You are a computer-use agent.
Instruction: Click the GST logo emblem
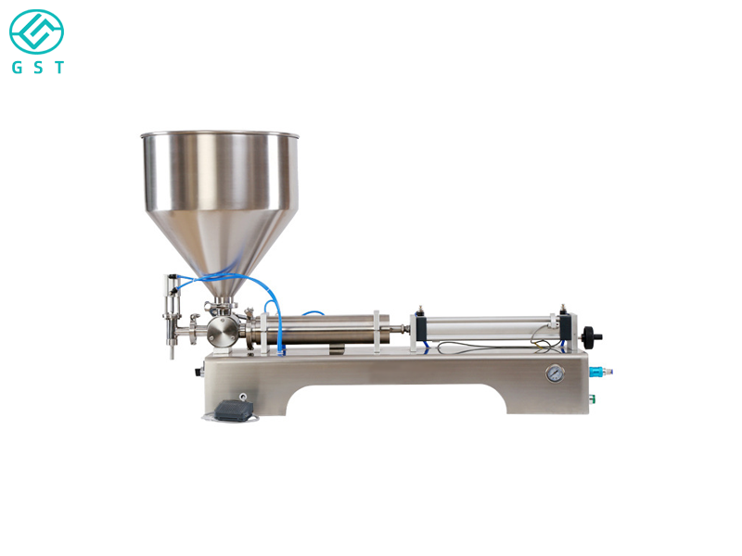37,32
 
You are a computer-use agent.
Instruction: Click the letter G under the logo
16,68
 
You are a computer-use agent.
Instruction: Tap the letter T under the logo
59,68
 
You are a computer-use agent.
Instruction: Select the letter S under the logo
37,68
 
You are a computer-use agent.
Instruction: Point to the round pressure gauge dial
554,374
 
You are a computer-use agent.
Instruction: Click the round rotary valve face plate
220,331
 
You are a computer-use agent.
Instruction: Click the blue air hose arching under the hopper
223,277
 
